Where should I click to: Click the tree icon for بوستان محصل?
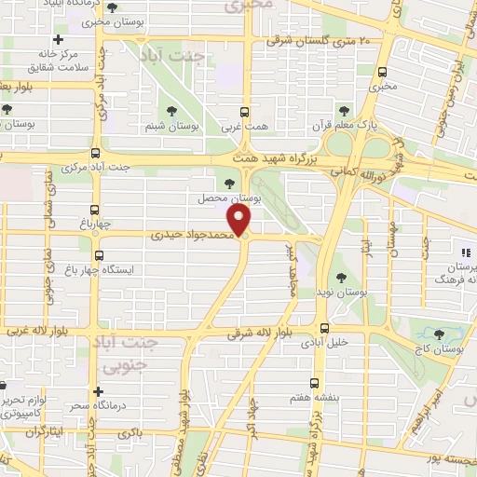tap(230, 184)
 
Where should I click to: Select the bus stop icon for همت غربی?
tap(244, 109)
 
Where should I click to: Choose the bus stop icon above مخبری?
tap(383, 71)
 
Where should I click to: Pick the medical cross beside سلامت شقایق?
tap(59, 40)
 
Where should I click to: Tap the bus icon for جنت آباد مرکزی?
tap(94, 154)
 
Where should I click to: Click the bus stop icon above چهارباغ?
tap(94, 210)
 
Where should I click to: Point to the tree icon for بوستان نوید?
tap(336, 276)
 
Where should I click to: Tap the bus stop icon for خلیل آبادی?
tap(324, 327)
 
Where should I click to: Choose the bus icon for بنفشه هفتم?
tap(316, 383)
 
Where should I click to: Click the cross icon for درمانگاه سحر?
tap(97, 392)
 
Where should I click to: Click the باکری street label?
tap(129, 435)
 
